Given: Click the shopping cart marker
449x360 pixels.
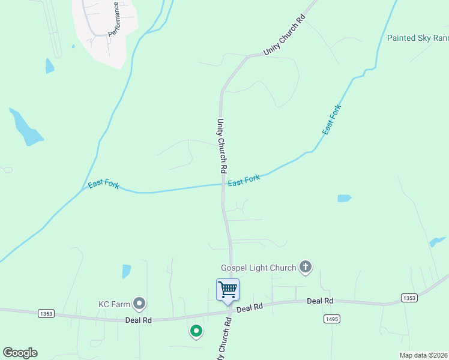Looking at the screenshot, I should (228, 290).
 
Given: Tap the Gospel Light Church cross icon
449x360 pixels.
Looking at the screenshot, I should (306, 267).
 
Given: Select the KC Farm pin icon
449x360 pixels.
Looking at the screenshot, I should (139, 304).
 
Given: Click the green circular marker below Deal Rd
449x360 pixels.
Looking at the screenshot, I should (196, 331).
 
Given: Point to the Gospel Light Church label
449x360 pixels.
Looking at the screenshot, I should (258, 268).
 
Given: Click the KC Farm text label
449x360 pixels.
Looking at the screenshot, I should (114, 304).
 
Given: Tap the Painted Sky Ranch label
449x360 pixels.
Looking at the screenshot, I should (418, 38).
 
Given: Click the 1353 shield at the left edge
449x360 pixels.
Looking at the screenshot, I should (45, 313).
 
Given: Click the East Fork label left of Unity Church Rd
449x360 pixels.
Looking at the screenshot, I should (103, 185).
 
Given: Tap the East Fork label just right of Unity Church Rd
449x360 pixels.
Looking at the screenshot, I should (244, 180).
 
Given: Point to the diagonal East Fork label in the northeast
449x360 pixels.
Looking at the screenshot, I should (331, 119).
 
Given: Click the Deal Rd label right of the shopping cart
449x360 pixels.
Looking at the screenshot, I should (320, 301).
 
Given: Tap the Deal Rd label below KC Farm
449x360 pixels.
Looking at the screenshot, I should (138, 320).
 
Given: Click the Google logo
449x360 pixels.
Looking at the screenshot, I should (20, 353).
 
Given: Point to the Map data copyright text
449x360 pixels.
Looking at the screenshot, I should (423, 355).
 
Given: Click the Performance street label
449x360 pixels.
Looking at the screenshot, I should (118, 19).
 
